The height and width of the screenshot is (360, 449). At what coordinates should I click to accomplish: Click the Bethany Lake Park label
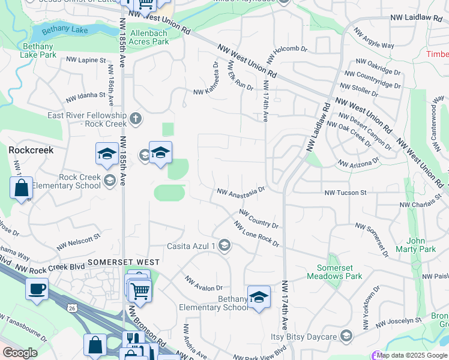[x=39, y=50]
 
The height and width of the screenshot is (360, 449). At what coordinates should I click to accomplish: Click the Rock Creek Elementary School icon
[x=109, y=180]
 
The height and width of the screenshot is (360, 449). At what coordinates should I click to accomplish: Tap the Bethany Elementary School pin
[x=259, y=298]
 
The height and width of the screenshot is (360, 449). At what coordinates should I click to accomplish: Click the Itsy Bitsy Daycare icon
[x=345, y=335]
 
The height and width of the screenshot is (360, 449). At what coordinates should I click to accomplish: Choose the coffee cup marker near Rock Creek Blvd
[x=37, y=289]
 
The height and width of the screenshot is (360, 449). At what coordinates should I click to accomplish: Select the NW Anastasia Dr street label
[x=241, y=192]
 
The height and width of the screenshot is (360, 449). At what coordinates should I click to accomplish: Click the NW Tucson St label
[x=345, y=193]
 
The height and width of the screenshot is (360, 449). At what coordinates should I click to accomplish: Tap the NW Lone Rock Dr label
[x=256, y=235]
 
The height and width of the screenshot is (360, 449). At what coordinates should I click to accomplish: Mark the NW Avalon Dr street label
[x=203, y=284]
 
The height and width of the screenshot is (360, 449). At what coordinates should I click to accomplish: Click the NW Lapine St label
[x=85, y=60]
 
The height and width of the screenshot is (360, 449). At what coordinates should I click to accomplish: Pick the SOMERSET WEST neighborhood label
[x=124, y=262]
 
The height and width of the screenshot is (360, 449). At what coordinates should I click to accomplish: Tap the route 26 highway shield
[x=73, y=308]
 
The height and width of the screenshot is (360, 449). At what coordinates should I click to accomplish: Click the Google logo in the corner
[x=20, y=353]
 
